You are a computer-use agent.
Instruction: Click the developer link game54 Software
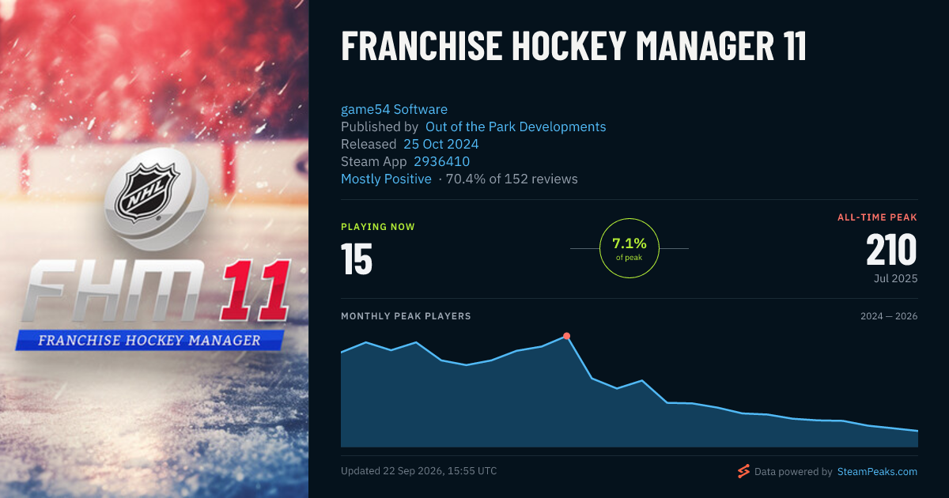394,110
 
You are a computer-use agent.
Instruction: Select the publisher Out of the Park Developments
516,127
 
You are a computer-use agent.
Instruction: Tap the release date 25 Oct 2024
441,145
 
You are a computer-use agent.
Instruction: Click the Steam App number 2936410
442,162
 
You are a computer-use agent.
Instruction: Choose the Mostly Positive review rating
387,179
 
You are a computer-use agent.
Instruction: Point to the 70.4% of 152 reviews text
512,179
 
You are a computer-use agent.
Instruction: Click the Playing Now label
378,227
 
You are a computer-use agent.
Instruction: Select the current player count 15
357,258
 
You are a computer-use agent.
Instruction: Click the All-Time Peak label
877,217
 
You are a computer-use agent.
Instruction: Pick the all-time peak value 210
891,250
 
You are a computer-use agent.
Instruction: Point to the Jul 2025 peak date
895,278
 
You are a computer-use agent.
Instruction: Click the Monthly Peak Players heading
406,316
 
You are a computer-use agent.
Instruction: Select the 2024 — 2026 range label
889,316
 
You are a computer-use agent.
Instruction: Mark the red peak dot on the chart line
566,336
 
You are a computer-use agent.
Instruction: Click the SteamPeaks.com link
877,472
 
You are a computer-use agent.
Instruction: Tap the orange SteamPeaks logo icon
743,471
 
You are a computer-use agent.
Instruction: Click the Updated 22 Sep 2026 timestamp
419,471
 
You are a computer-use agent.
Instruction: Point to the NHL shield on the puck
146,192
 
